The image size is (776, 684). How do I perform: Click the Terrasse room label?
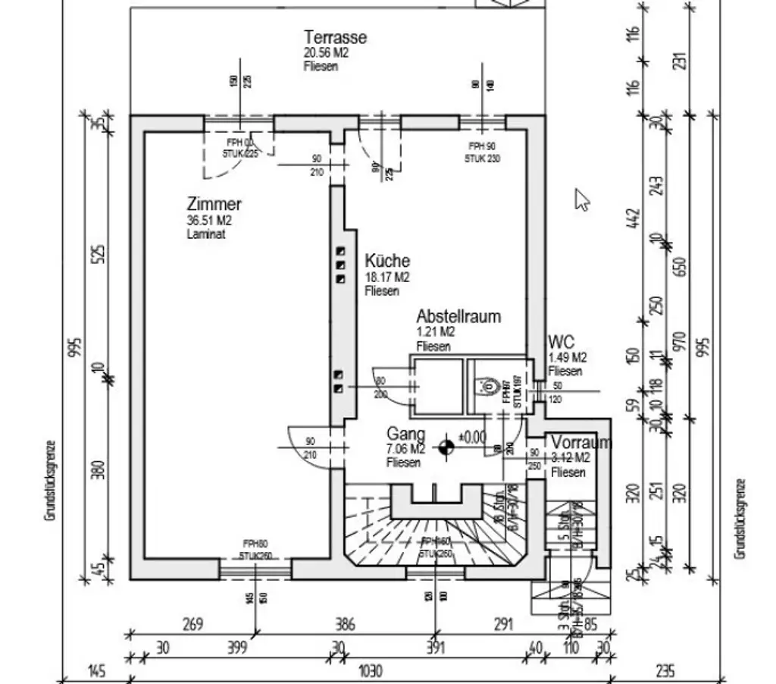point(335,37)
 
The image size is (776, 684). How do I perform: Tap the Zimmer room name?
point(214,204)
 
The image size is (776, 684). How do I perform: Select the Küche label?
point(386,261)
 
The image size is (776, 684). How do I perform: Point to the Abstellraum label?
point(458,316)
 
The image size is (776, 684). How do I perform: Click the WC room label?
point(562,342)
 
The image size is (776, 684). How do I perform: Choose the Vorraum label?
point(580,442)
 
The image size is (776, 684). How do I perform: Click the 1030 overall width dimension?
point(370,671)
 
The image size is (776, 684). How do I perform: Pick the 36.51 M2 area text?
point(208,221)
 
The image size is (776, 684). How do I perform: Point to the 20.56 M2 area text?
point(327,52)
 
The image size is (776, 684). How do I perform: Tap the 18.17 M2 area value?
point(386,277)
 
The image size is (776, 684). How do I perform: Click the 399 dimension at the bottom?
point(238,648)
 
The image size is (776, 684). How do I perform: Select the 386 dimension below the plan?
point(345,625)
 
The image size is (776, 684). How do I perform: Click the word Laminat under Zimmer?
point(205,234)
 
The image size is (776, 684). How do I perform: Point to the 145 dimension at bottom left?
point(96,671)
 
